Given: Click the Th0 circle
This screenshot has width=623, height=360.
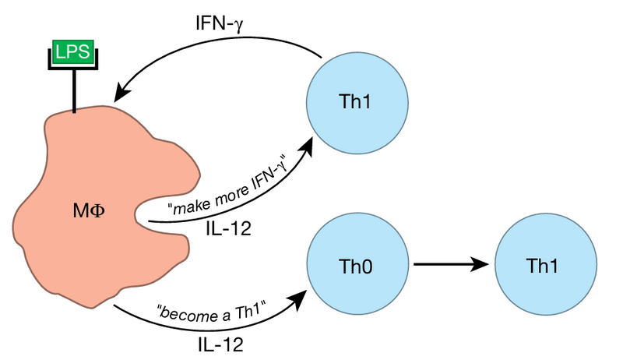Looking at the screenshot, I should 357,266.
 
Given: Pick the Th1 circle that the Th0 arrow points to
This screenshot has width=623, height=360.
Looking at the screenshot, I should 545,266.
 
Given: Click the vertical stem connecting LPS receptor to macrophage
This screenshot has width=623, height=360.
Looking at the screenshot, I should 75,92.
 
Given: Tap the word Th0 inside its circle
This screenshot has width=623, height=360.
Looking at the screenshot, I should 357,266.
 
